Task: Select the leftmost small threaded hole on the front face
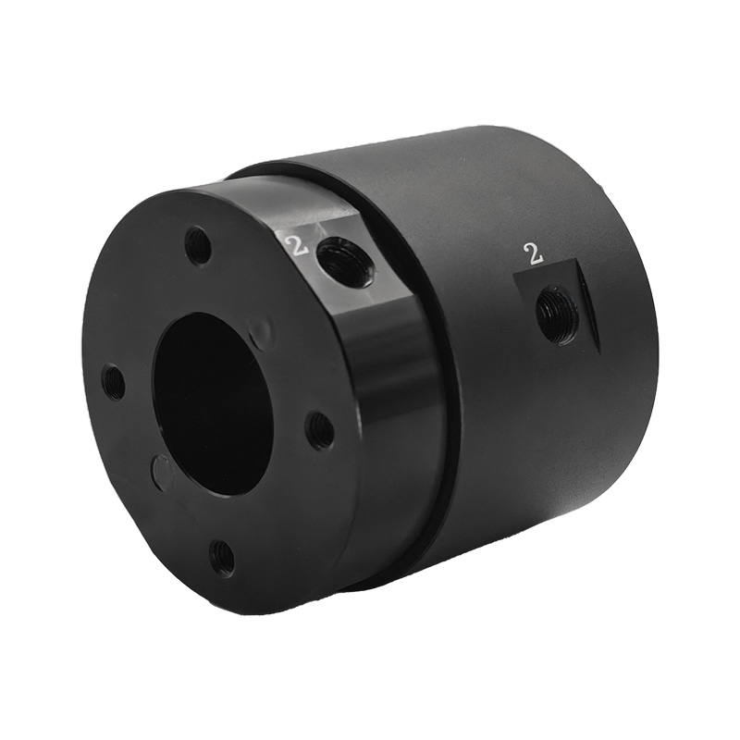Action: (x=114, y=379)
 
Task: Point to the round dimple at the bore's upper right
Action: (x=260, y=332)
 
